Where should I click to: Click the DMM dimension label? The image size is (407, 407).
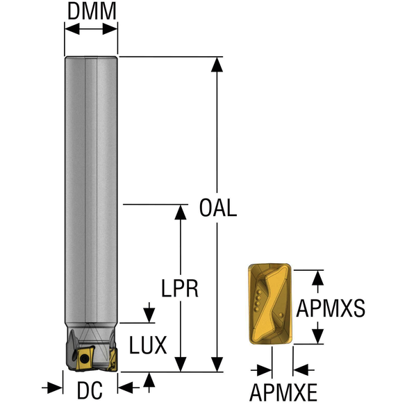click(x=92, y=11)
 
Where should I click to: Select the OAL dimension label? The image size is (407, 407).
click(x=218, y=208)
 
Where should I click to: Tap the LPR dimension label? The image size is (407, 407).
click(x=180, y=288)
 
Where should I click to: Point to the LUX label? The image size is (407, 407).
click(x=148, y=345)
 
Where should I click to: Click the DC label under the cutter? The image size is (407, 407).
click(x=90, y=390)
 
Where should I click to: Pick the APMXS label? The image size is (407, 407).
click(x=331, y=308)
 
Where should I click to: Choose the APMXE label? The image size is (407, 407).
click(x=283, y=392)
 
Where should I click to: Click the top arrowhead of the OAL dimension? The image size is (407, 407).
click(x=217, y=65)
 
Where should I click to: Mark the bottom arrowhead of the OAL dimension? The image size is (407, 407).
click(x=217, y=364)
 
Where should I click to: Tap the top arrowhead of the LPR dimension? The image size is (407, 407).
click(x=181, y=213)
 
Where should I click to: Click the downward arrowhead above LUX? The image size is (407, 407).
click(x=149, y=315)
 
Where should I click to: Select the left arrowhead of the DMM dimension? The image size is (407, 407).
click(x=72, y=28)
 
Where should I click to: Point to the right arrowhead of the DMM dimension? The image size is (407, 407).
click(x=110, y=28)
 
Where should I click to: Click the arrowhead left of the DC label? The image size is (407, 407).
click(x=56, y=388)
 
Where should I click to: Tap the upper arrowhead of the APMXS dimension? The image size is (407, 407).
click(x=318, y=278)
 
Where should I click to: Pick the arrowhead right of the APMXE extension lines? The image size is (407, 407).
click(x=301, y=369)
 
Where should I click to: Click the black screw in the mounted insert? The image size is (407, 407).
click(x=83, y=359)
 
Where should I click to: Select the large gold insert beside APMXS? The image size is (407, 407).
click(x=269, y=304)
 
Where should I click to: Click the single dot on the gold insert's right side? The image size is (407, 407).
click(x=281, y=315)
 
